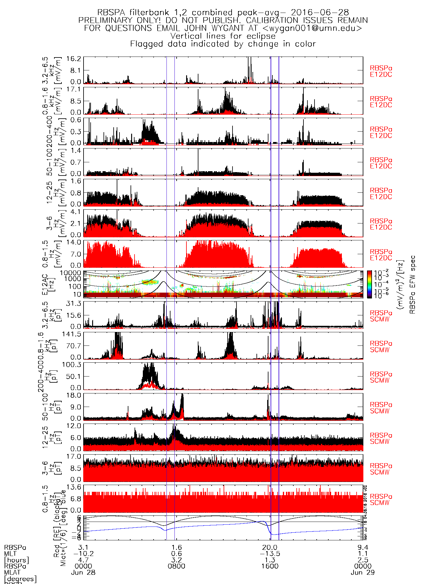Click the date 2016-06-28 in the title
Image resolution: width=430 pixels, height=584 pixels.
click(x=320, y=13)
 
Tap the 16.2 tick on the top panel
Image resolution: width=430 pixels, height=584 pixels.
click(x=76, y=59)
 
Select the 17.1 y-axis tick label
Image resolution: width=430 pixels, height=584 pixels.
click(x=76, y=89)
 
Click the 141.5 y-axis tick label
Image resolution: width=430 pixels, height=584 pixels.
click(x=73, y=334)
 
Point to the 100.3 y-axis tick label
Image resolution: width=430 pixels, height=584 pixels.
click(x=73, y=365)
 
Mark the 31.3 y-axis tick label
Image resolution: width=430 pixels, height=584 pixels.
click(x=76, y=303)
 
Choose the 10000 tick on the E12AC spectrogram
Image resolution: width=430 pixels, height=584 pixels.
click(x=71, y=273)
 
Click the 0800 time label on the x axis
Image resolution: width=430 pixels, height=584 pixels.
click(x=177, y=566)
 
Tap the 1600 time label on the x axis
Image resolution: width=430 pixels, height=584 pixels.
click(x=270, y=566)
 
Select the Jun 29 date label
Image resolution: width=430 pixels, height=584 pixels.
click(x=363, y=573)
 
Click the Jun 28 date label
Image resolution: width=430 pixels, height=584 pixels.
click(x=83, y=573)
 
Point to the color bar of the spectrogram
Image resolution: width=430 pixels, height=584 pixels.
click(x=369, y=284)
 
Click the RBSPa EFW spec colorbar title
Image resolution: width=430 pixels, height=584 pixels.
click(x=412, y=284)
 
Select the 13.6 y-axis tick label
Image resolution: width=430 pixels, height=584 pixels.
click(x=76, y=487)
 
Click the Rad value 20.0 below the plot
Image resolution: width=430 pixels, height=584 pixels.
click(x=270, y=547)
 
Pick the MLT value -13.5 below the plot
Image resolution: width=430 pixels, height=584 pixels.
click(x=270, y=554)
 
